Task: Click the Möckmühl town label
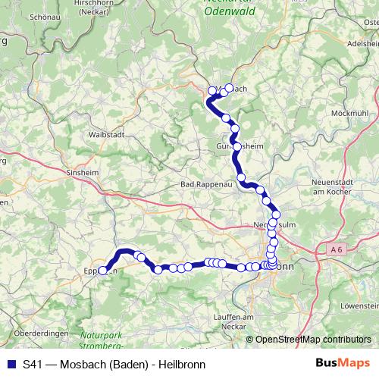[349, 113]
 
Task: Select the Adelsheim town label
[362, 44]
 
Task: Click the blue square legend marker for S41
[11, 364]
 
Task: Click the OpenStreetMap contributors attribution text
[313, 340]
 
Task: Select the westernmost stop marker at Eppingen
[103, 271]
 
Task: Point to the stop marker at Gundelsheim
[237, 146]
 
